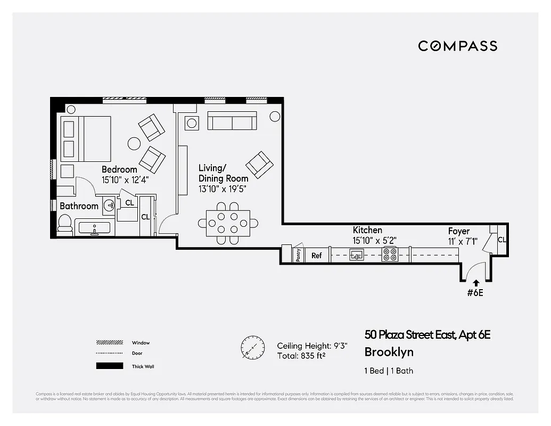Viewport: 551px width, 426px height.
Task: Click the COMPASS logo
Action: (x=457, y=46)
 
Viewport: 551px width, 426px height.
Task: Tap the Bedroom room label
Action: (x=119, y=170)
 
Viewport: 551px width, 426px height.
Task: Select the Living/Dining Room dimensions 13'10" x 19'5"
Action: (x=222, y=189)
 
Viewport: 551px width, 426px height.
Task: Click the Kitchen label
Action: (x=367, y=230)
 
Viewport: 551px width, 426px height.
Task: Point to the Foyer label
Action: (x=458, y=231)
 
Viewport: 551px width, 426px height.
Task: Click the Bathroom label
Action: (x=79, y=206)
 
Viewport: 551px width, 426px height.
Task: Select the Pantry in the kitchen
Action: (x=298, y=255)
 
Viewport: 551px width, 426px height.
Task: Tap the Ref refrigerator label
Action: (x=317, y=256)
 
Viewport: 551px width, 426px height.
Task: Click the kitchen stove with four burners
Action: (x=390, y=255)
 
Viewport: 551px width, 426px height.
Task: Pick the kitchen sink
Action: (x=357, y=255)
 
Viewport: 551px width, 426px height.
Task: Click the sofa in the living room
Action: (x=232, y=121)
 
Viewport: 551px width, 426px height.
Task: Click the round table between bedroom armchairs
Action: (x=134, y=143)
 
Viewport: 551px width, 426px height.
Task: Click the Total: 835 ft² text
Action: (x=301, y=356)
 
